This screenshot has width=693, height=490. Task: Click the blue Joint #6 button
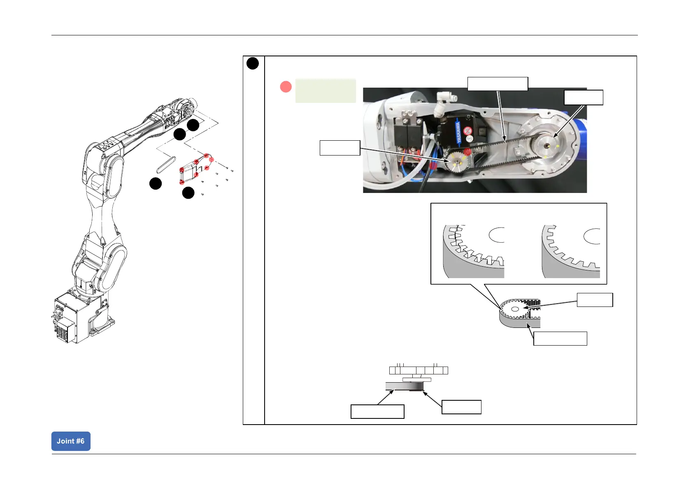point(71,441)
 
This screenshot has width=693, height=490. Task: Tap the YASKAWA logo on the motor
point(458,132)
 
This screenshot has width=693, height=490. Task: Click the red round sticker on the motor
point(467,131)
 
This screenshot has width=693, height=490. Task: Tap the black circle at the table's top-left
point(253,63)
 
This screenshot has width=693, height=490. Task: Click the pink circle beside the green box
point(286,87)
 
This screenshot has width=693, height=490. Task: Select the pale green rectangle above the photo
point(326,91)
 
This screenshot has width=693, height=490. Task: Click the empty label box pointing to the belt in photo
point(498,84)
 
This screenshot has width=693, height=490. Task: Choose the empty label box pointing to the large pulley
point(583,98)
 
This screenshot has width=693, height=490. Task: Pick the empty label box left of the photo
point(340,148)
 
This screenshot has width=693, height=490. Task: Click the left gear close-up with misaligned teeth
point(473,251)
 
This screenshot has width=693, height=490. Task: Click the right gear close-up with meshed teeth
point(571,251)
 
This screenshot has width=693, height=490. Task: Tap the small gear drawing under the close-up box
point(514,309)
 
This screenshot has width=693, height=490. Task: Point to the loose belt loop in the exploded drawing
point(166,165)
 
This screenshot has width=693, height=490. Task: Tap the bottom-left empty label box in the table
point(377,411)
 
